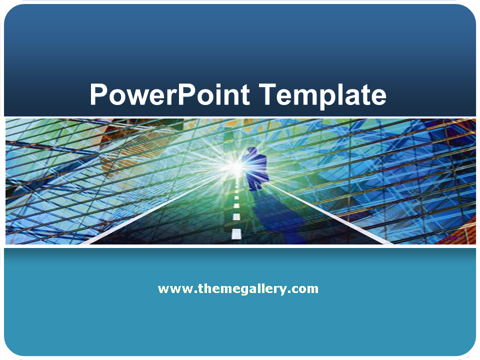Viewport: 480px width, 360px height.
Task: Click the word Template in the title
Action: tap(323, 95)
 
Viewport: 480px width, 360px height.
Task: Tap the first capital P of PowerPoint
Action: tap(98, 94)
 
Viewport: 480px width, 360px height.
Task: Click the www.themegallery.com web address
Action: tap(238, 289)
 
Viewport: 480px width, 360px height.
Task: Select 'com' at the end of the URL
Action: tap(306, 289)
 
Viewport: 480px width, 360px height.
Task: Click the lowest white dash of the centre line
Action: tap(236, 233)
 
